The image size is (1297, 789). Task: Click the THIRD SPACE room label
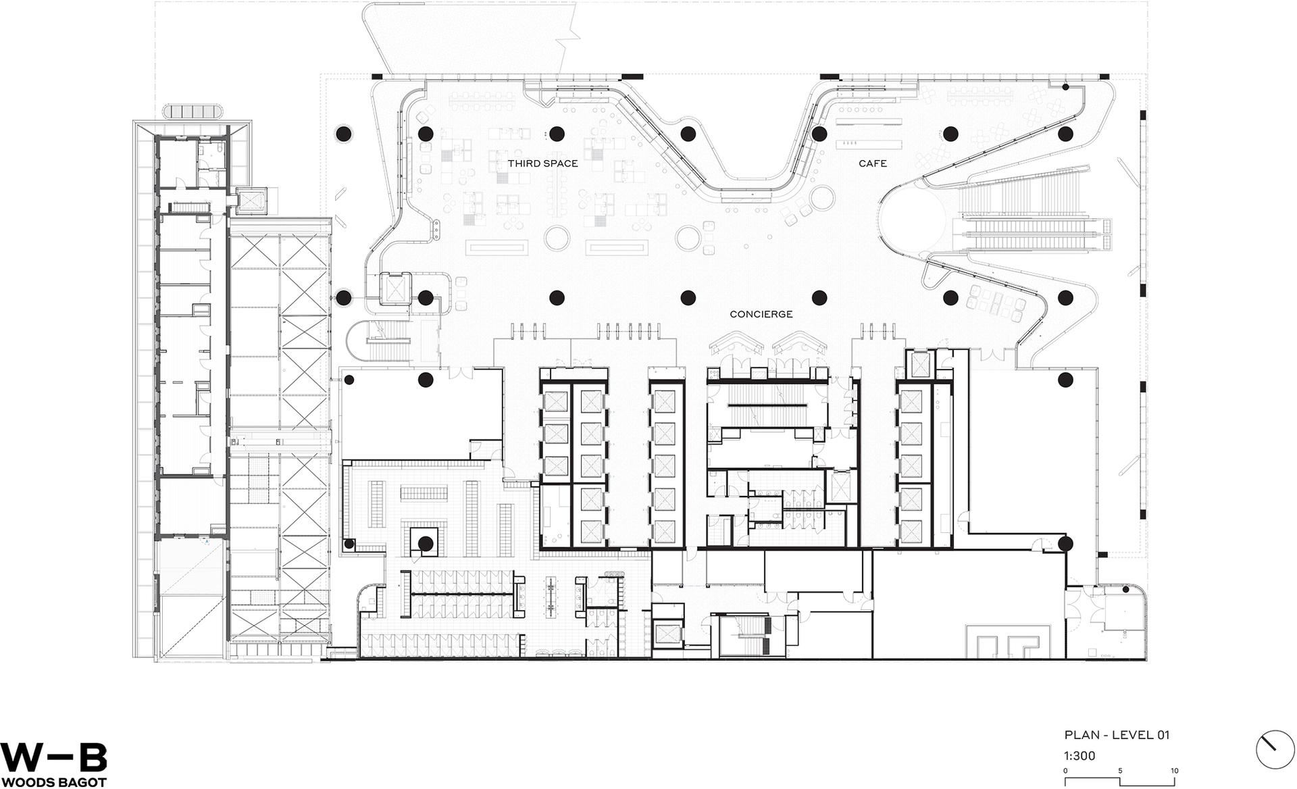coord(542,163)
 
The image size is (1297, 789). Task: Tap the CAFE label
coord(873,163)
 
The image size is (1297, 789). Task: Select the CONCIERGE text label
coord(761,314)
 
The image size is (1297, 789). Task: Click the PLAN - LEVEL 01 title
coord(1117,735)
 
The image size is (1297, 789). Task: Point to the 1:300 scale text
coord(1080,756)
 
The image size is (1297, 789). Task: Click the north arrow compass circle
coord(1275,750)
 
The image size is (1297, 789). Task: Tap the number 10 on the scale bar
coord(1175,771)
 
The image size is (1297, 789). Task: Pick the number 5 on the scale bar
coord(1120,771)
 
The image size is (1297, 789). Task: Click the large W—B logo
coord(53,757)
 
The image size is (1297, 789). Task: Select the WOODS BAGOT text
coord(53,782)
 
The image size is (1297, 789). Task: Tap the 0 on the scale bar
coord(1066,771)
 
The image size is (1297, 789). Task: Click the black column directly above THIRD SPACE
coord(557,133)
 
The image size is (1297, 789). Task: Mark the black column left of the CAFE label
coord(819,133)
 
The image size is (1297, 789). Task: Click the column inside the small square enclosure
coord(425,543)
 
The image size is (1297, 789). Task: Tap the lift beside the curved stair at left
coord(395,289)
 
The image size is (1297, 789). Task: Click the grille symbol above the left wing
coord(192,111)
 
